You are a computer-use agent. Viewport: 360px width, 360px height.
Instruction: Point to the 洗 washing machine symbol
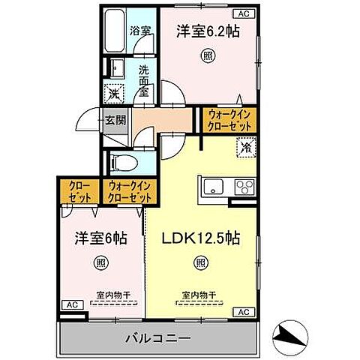[113, 94]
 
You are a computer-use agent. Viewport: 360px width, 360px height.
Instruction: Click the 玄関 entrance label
[114, 121]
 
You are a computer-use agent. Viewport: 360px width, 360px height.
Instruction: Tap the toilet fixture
[123, 163]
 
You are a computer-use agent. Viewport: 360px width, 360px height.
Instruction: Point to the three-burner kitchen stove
[245, 186]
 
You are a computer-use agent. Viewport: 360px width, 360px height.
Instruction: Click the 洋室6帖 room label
[99, 238]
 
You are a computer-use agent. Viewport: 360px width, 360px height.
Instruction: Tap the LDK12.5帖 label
[201, 238]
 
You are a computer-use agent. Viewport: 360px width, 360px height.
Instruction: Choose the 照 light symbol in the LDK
[201, 262]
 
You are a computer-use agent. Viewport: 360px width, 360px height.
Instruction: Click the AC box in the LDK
[244, 311]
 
